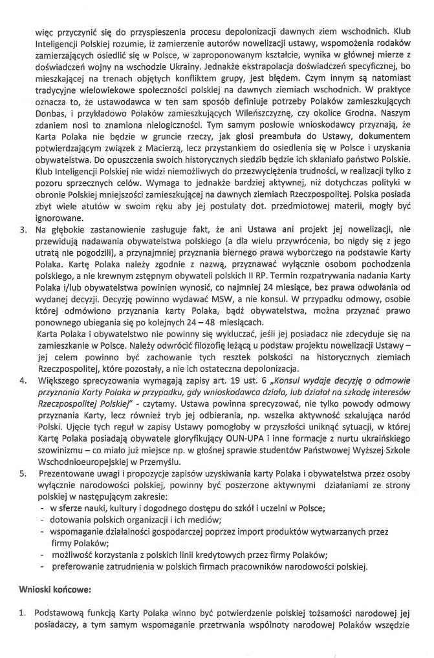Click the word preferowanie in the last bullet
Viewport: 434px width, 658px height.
pos(76,567)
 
